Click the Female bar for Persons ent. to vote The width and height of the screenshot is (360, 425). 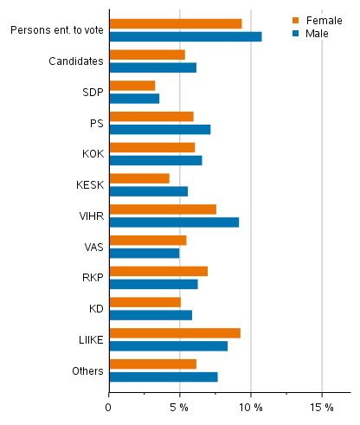coord(176,23)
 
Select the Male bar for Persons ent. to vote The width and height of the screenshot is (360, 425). coord(185,36)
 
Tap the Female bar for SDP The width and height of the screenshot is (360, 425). coord(132,86)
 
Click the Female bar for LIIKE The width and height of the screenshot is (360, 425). coord(175,333)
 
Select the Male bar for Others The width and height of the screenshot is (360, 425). coord(164,377)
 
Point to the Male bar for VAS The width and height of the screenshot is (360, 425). coord(145,253)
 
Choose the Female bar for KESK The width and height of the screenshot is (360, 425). coord(139,178)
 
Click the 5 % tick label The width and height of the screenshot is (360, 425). coord(180,406)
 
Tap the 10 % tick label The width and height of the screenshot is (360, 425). coord(251,406)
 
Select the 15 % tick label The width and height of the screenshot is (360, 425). coord(322,406)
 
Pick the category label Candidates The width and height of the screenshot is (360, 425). coord(76,61)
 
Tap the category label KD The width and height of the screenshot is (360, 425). coord(95,309)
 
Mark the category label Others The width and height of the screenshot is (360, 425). coord(87,370)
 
